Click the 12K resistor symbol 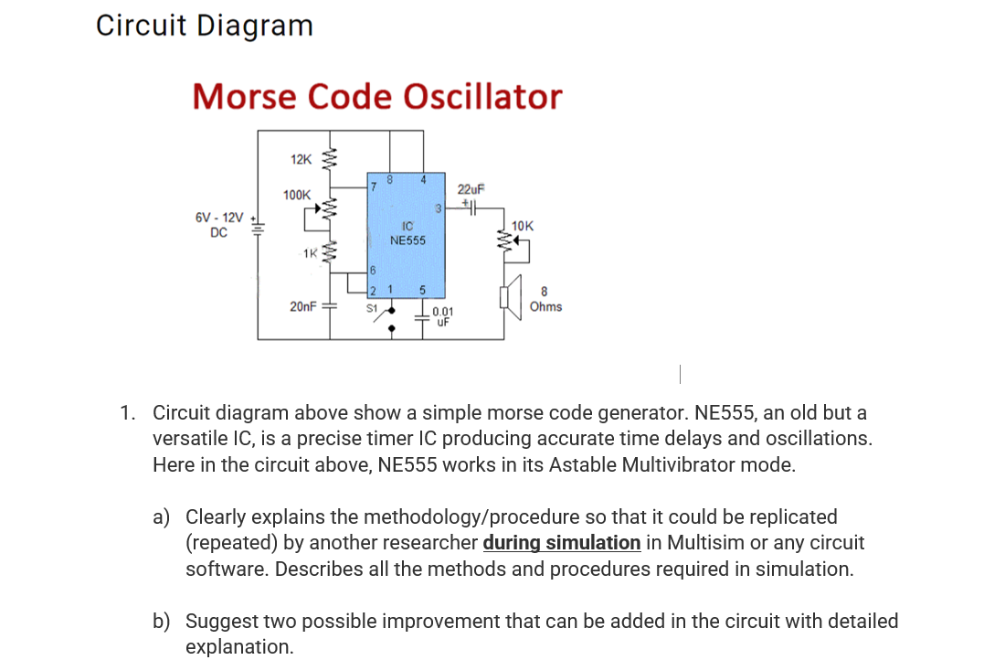pyautogui.click(x=333, y=160)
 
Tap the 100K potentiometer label pyautogui.click(x=297, y=195)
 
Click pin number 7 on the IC pyautogui.click(x=373, y=186)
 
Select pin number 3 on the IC pyautogui.click(x=438, y=208)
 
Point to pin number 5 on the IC pyautogui.click(x=422, y=291)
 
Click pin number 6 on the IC pyautogui.click(x=373, y=271)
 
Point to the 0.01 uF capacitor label pyautogui.click(x=443, y=316)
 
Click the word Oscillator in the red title pyautogui.click(x=482, y=96)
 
